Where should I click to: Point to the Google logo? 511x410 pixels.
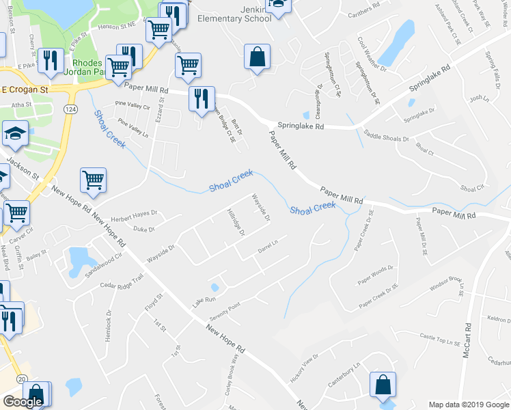[23, 402]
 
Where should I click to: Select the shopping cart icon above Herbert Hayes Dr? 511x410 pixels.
[93, 180]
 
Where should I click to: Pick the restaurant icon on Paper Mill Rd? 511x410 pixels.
[202, 98]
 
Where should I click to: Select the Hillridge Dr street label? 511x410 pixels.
[236, 221]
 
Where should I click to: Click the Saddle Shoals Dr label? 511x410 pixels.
[386, 137]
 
